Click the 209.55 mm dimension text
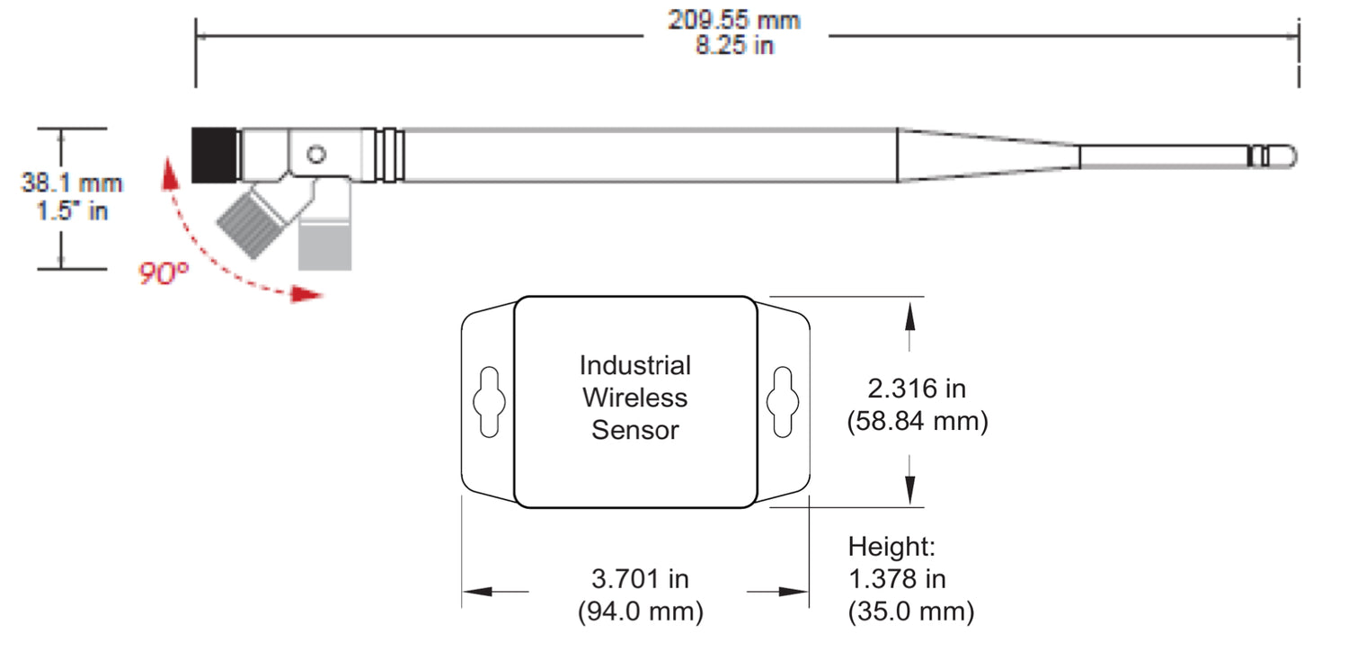[x=734, y=20]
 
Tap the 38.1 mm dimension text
[x=72, y=183]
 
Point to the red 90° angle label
[x=164, y=273]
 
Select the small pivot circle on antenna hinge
[x=315, y=155]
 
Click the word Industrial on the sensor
[x=634, y=366]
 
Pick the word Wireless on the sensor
[x=634, y=397]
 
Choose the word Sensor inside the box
[x=634, y=430]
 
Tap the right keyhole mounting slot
[x=781, y=402]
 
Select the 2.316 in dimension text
[x=917, y=389]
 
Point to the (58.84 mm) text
[x=917, y=421]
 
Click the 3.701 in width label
[x=639, y=579]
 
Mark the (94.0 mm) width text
[x=639, y=612]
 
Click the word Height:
[x=891, y=546]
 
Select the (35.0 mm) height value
[x=910, y=612]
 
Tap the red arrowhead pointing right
[x=308, y=294]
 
